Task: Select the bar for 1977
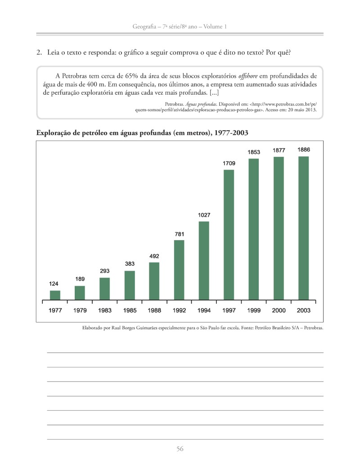coord(55,295)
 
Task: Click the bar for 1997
coord(229,235)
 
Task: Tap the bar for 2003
coord(304,228)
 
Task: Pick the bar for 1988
coord(154,281)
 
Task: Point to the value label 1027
coord(204,215)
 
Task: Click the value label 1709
coord(229,163)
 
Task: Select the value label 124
coord(54,284)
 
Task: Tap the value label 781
coord(179,234)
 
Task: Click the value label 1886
coord(304,150)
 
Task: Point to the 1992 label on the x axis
coord(179,310)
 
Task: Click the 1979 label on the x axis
coord(80,310)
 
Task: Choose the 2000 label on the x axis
coord(279,310)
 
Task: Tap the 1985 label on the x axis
coord(130,310)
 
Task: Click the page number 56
coord(180,449)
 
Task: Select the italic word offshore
coord(248,76)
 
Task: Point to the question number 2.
coord(39,53)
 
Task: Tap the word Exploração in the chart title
coord(53,133)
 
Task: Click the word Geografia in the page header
coord(144,27)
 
